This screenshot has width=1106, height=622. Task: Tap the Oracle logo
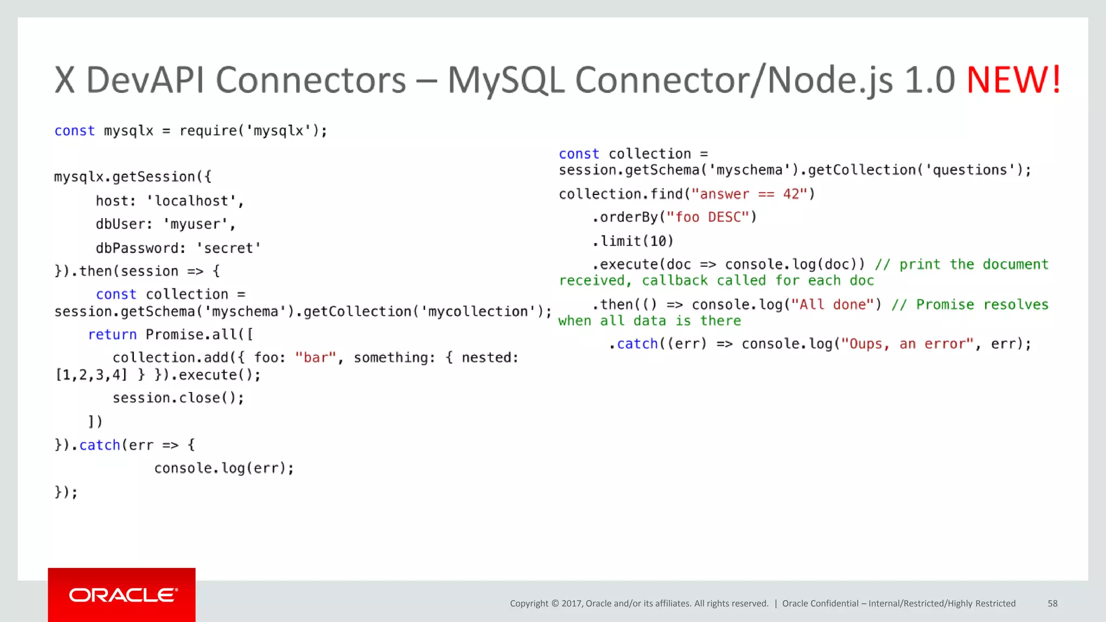pos(123,595)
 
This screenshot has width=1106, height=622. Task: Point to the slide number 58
pos(1052,603)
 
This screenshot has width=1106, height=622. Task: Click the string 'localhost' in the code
pos(192,201)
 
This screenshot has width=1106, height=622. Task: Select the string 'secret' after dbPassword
pos(228,248)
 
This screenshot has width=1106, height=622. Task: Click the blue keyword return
pos(112,335)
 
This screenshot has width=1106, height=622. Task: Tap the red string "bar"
pos(315,358)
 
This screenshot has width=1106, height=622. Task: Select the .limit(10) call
pos(632,241)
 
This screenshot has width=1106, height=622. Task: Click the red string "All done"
pos(832,305)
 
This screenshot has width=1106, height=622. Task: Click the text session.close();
pos(178,398)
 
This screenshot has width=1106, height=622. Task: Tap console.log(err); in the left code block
pos(224,468)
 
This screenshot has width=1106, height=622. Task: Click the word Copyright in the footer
pos(529,603)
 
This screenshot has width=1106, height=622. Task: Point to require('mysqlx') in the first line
pos(253,131)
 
